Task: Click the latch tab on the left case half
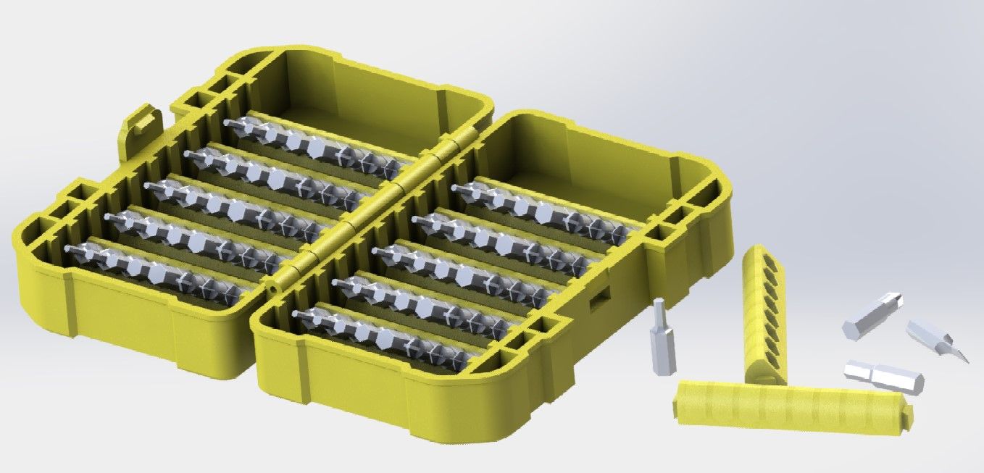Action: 141,123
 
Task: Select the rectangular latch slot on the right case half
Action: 599,299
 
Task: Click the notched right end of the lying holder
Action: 906,417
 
